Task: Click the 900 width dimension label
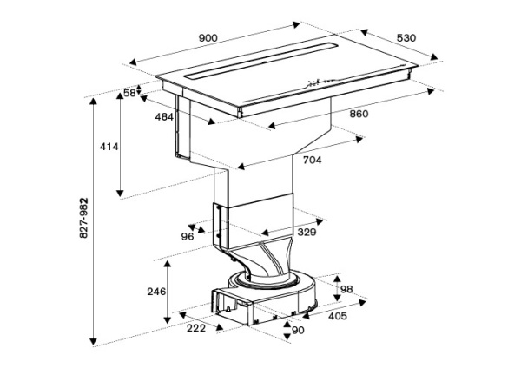pyautogui.click(x=208, y=37)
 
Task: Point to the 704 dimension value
pyautogui.click(x=312, y=161)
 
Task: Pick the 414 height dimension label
pyautogui.click(x=109, y=148)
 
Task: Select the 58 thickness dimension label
pyautogui.click(x=130, y=92)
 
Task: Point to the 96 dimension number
pyautogui.click(x=187, y=236)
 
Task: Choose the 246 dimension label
pyautogui.click(x=155, y=292)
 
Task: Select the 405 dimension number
pyautogui.click(x=338, y=316)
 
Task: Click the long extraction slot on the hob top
pyautogui.click(x=260, y=62)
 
